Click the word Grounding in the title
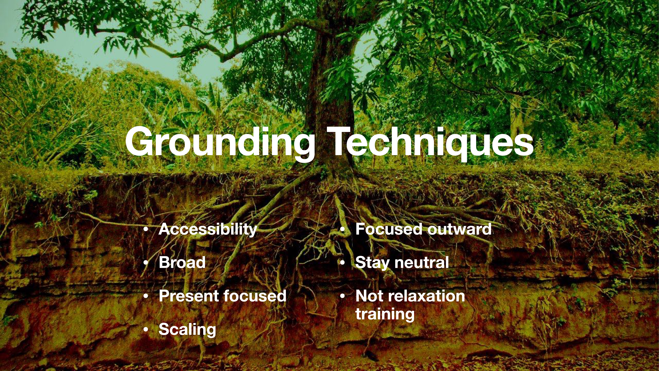(220, 142)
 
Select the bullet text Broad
(182, 262)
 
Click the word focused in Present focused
(255, 296)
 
